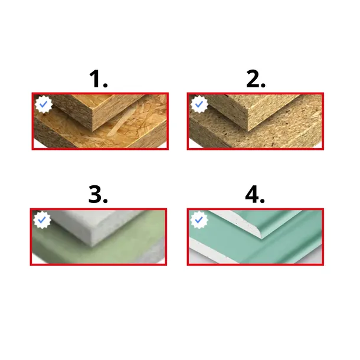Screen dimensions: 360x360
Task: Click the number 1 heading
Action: (x=99, y=78)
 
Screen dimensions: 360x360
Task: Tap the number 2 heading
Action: (x=256, y=78)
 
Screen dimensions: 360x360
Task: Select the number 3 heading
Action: (x=98, y=194)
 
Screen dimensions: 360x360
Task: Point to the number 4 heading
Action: (x=255, y=194)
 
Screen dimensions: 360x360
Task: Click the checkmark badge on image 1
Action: (x=44, y=104)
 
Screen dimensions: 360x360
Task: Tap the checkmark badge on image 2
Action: (x=199, y=104)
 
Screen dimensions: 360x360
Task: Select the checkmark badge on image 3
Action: (x=42, y=220)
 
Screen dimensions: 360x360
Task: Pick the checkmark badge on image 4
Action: (x=199, y=220)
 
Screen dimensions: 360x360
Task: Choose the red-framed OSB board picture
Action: (x=100, y=121)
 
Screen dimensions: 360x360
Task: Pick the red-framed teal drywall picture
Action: (x=256, y=237)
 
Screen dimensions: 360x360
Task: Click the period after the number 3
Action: (x=105, y=201)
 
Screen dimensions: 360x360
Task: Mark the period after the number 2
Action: (x=263, y=85)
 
